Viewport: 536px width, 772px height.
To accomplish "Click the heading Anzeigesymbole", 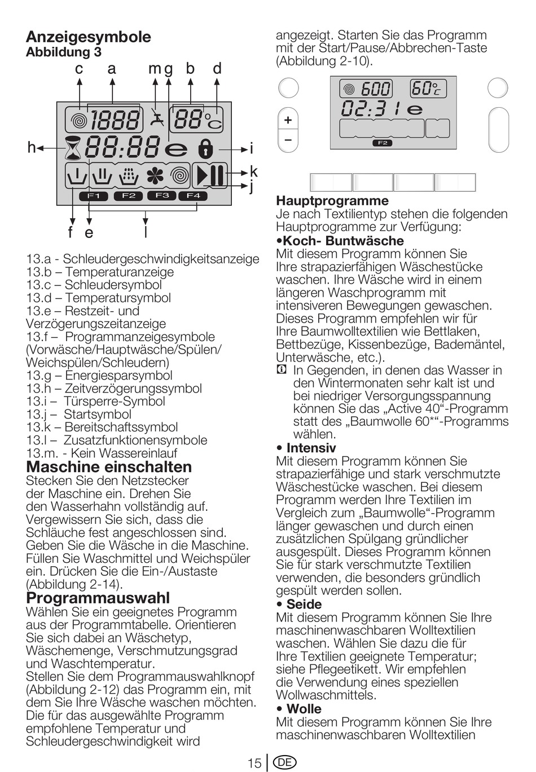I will coord(89,37).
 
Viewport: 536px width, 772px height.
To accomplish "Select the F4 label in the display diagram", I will coord(193,196).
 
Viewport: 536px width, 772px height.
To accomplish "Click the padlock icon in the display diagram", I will coord(205,148).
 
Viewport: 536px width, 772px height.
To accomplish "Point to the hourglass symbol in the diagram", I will coord(73,148).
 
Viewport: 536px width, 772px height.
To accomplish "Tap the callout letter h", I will coord(32,148).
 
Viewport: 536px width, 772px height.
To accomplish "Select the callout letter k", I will coord(253,171).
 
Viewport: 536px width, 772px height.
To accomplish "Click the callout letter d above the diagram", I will coord(217,69).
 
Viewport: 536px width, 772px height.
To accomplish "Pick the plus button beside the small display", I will coord(288,120).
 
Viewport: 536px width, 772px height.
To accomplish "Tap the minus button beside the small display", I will coord(288,139).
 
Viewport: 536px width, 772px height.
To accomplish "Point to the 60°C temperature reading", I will coord(427,89).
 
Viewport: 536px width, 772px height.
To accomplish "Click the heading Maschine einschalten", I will coord(109,467).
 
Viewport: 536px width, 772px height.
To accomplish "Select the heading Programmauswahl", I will coord(98,598).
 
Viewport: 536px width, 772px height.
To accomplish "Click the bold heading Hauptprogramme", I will coord(332,201).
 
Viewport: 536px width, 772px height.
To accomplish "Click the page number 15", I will coord(254,763).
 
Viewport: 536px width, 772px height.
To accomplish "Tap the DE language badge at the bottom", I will coord(284,762).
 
